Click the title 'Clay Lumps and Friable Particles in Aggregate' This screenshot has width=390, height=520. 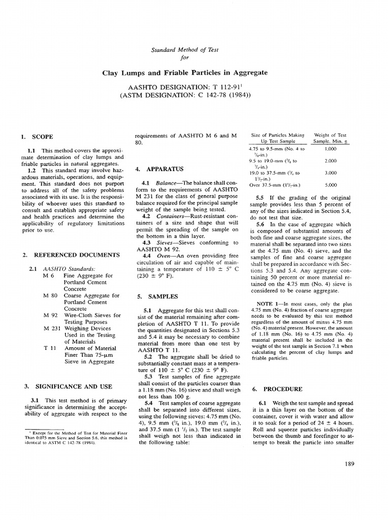(194, 73)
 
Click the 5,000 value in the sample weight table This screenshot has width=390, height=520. (331, 186)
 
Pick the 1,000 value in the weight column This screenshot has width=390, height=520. (331, 149)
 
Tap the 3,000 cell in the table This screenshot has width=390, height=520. (331, 173)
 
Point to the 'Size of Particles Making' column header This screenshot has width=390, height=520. (277, 135)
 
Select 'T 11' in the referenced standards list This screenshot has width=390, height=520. (50, 348)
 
